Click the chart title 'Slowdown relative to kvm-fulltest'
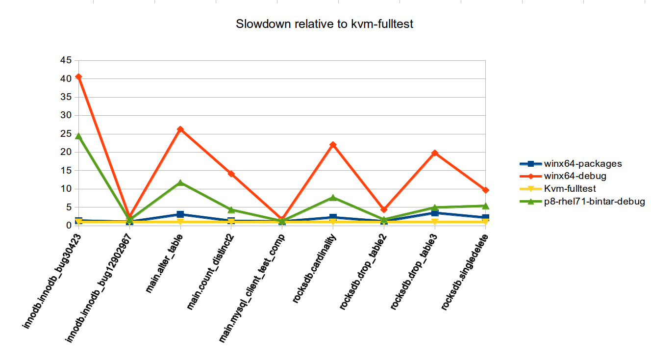[325, 24]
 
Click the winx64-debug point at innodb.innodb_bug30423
[78, 77]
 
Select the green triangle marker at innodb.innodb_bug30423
[78, 136]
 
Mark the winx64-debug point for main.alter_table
[180, 129]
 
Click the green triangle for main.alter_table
[180, 182]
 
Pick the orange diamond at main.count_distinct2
[231, 174]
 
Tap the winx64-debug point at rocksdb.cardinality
[333, 145]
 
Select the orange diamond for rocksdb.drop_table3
[435, 153]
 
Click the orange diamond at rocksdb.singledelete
[486, 190]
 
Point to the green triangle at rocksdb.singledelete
[486, 206]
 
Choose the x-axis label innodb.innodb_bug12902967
[100, 280]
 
